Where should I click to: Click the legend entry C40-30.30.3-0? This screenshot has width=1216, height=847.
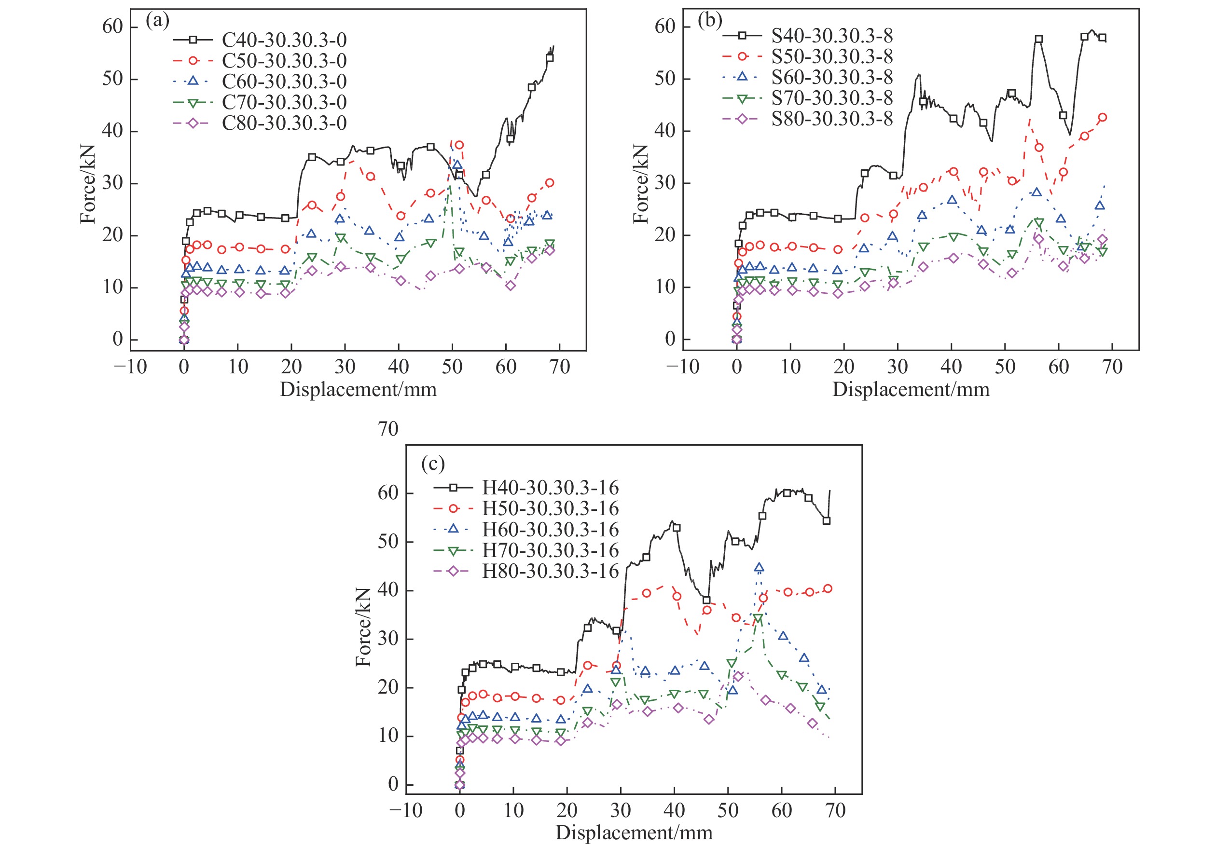click(x=284, y=40)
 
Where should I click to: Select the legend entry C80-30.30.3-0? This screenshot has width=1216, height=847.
click(x=284, y=123)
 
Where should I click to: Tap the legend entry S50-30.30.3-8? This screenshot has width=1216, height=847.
click(x=831, y=56)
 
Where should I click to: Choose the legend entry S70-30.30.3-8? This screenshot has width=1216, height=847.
click(x=831, y=98)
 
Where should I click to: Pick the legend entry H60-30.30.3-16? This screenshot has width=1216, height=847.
click(x=550, y=529)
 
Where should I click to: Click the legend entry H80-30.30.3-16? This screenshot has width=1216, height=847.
click(x=550, y=571)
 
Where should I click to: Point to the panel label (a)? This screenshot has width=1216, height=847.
click(x=157, y=21)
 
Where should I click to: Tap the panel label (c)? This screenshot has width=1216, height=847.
click(x=433, y=463)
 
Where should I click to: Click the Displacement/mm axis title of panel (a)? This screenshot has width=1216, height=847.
click(x=358, y=390)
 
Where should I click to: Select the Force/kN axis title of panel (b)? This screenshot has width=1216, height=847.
click(x=640, y=183)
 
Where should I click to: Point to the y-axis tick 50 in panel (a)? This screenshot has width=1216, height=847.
click(x=112, y=79)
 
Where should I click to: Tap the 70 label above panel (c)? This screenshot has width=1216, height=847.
click(x=387, y=429)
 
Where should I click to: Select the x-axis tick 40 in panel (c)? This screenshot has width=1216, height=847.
click(x=674, y=810)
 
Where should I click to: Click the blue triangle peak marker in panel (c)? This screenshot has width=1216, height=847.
click(x=759, y=568)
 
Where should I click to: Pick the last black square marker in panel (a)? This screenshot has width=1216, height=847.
click(x=550, y=58)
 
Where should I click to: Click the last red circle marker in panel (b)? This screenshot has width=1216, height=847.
click(x=1102, y=118)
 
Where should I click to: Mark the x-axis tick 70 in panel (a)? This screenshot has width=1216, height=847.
click(x=559, y=366)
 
